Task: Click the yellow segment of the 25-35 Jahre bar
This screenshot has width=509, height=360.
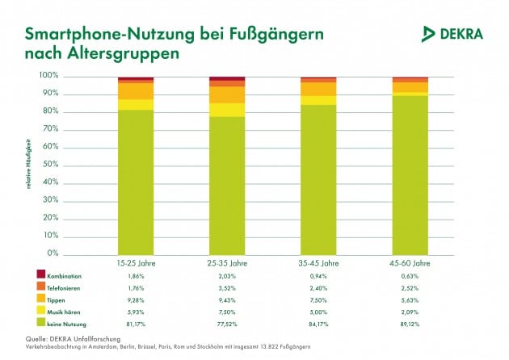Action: [227, 110]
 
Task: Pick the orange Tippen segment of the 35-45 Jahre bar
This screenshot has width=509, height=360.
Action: [318, 89]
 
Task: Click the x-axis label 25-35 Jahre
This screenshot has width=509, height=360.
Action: [227, 263]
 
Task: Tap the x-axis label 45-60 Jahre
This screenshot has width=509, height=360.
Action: [410, 263]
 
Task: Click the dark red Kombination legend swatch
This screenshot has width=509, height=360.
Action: [40, 276]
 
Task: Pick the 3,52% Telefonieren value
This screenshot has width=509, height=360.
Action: [227, 287]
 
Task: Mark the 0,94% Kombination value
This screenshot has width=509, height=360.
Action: [318, 276]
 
